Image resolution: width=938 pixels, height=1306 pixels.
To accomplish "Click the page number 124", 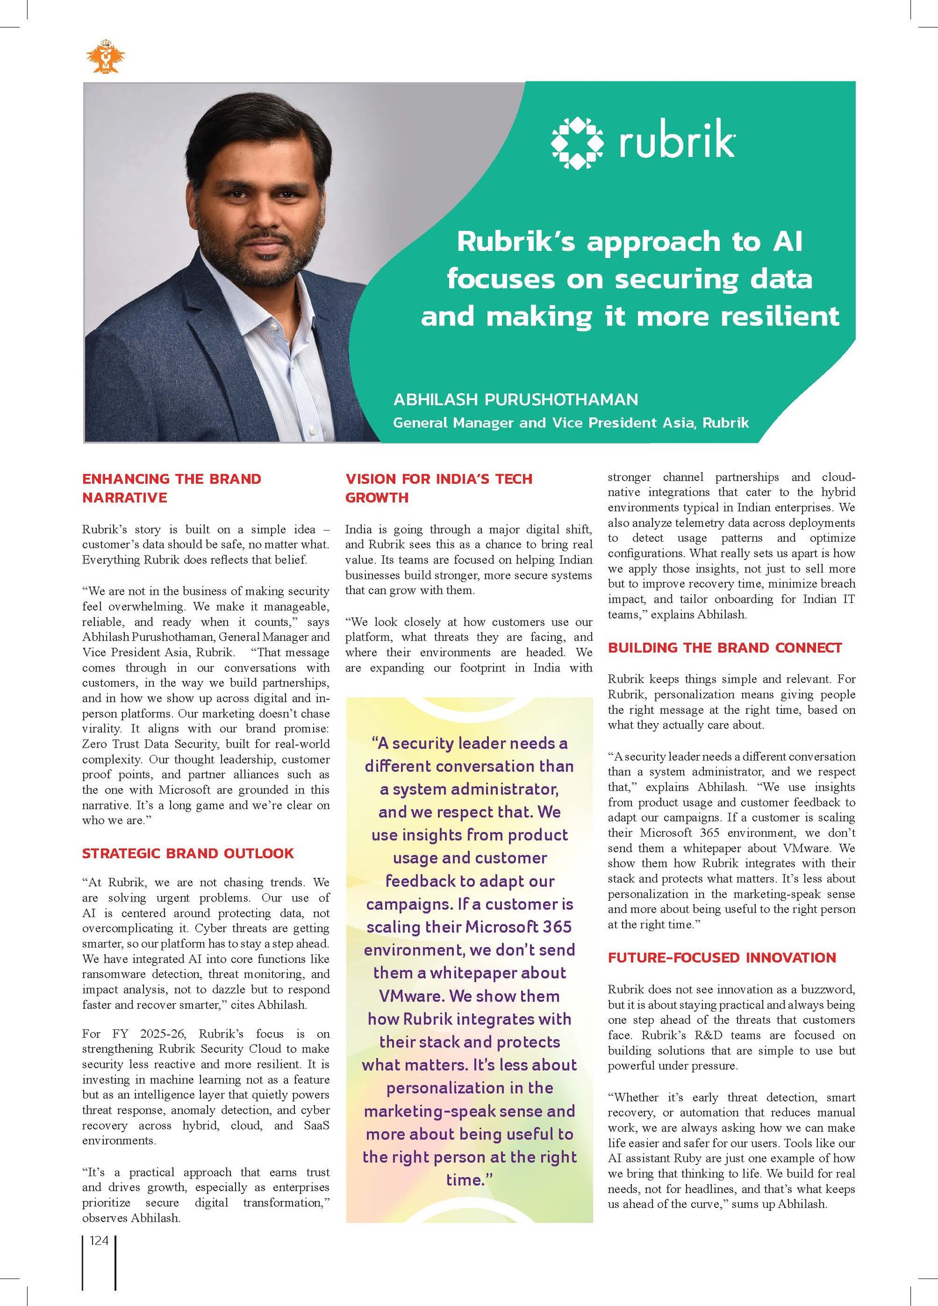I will tap(99, 1240).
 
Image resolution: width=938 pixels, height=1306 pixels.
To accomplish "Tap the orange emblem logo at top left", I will tap(106, 56).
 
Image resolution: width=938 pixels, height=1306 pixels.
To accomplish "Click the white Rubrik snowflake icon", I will tap(577, 143).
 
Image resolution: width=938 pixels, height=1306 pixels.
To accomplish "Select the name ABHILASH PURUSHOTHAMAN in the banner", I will tap(515, 399).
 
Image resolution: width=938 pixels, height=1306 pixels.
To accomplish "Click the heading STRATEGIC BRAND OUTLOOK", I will tap(188, 853).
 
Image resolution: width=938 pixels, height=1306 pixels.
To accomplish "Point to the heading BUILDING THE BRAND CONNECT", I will tap(725, 647).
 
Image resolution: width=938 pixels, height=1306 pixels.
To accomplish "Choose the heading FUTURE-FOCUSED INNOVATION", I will tap(722, 958).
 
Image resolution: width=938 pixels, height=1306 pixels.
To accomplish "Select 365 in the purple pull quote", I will tap(557, 927).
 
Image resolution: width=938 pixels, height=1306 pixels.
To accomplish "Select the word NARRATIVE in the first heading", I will tap(124, 498).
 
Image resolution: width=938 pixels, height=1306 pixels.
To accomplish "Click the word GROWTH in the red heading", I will tap(376, 498).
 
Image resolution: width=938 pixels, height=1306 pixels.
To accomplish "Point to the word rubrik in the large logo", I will tap(677, 141).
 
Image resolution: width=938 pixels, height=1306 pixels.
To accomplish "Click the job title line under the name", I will tap(570, 423).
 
